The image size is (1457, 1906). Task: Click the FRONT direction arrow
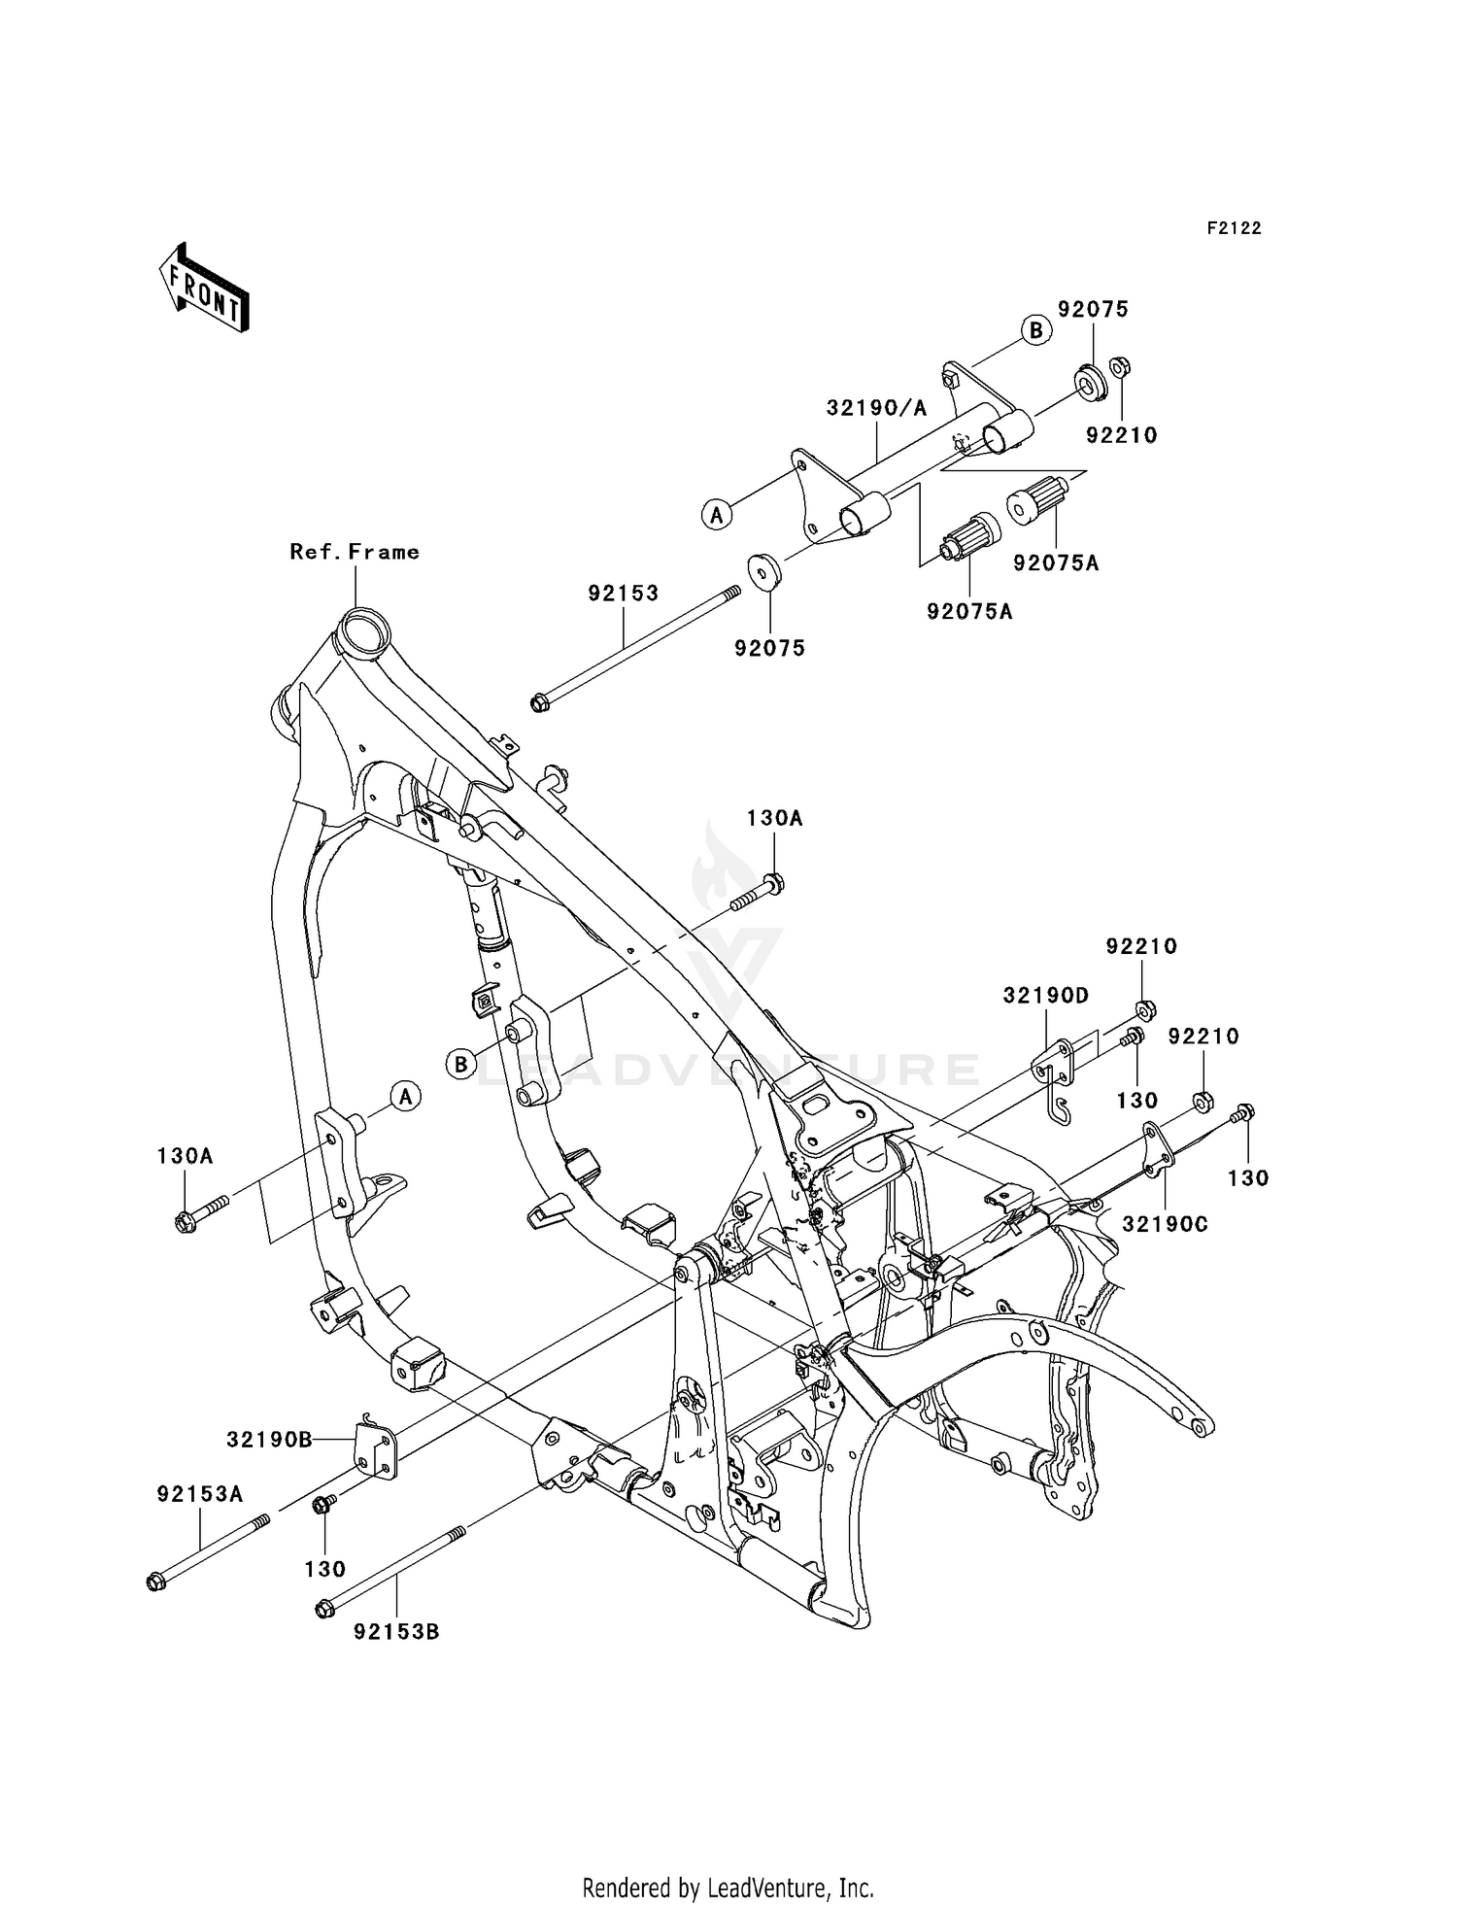tap(204, 289)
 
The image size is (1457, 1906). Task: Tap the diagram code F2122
tap(1234, 228)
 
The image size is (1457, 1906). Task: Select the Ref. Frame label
tap(355, 552)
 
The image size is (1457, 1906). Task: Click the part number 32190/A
tap(876, 409)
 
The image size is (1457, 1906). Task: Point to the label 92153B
tap(396, 1632)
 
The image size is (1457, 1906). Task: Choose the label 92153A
tap(200, 1495)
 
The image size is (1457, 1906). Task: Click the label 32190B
tap(269, 1440)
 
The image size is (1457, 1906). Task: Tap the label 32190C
tap(1165, 1224)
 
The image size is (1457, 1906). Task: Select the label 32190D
tap(1046, 996)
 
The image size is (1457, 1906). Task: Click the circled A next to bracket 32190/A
tap(717, 514)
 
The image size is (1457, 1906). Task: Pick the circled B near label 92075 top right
tap(1036, 330)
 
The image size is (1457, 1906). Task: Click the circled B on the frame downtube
tap(461, 1064)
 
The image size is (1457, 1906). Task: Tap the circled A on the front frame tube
tap(405, 1097)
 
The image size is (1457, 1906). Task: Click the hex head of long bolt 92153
tap(540, 702)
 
